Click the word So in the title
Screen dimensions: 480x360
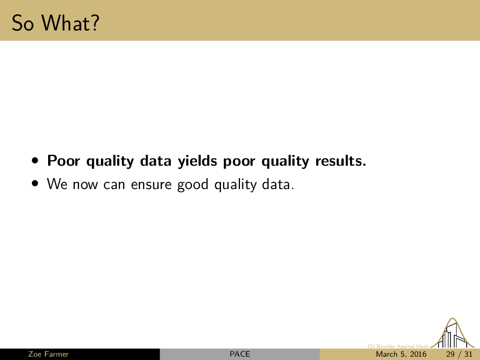click(22, 23)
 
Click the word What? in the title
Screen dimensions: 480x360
click(70, 23)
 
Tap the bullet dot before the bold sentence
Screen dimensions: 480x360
click(36, 160)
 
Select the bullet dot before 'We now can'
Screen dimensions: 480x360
click(36, 184)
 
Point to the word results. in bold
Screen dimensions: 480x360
click(341, 160)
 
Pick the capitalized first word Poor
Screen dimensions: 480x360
click(64, 161)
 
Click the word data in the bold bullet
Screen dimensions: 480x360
click(156, 160)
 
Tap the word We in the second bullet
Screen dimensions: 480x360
click(57, 184)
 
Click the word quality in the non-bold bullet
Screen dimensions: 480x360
click(235, 185)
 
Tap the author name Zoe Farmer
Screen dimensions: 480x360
click(49, 354)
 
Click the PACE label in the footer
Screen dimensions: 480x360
click(240, 354)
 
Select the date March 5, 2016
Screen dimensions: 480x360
click(401, 354)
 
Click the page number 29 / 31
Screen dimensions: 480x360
click(459, 354)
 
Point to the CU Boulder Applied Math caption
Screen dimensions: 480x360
click(398, 346)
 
